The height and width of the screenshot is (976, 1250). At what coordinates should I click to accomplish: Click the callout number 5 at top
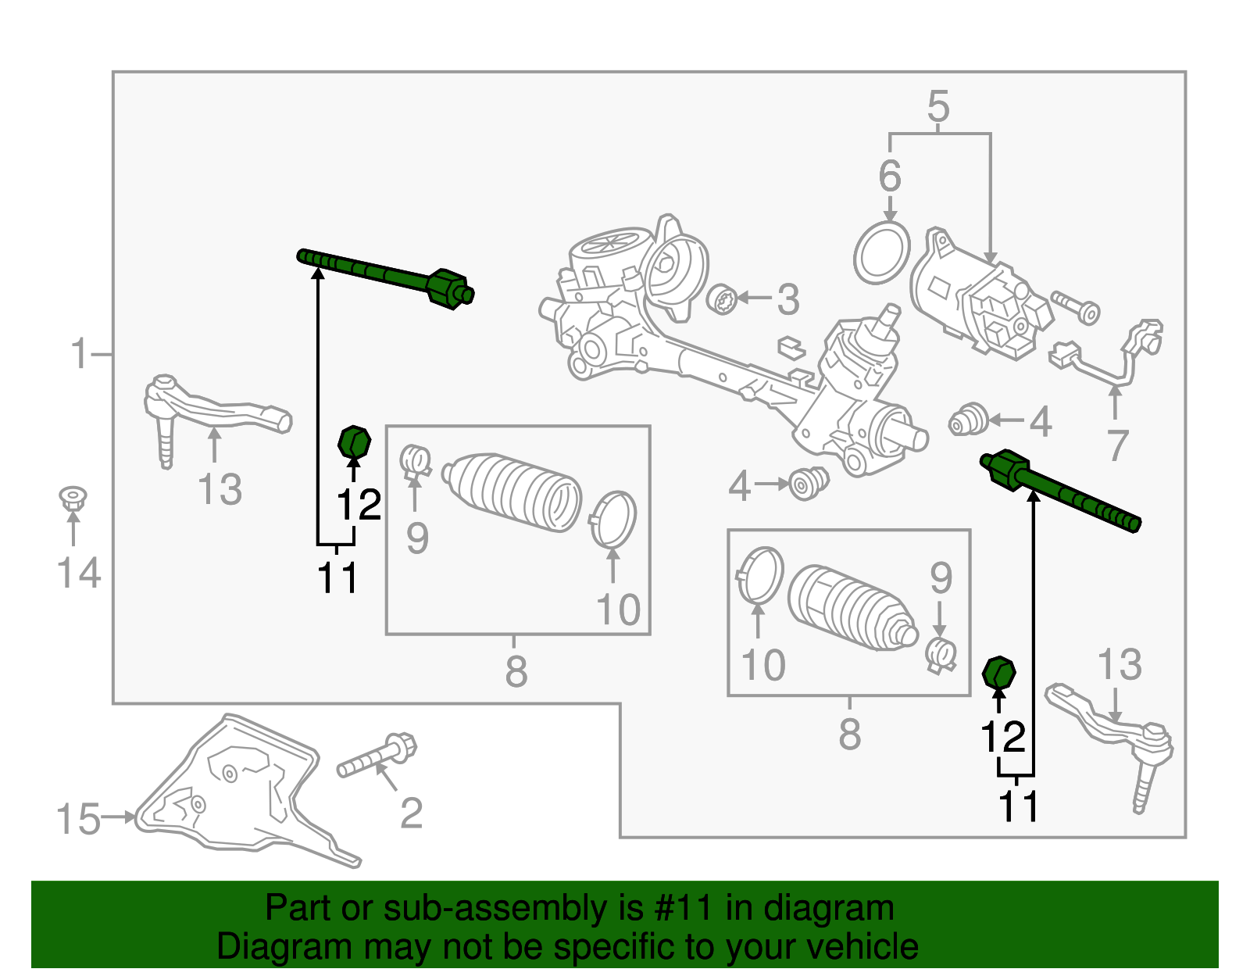(x=938, y=106)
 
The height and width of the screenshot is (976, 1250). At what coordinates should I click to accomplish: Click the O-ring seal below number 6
(x=882, y=253)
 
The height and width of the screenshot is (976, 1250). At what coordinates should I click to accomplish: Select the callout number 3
(x=787, y=300)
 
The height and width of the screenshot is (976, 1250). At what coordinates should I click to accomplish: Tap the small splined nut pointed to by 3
(x=723, y=300)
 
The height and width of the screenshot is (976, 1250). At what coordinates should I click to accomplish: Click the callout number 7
(x=1118, y=446)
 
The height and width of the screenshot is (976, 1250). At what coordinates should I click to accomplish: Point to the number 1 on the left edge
(x=79, y=354)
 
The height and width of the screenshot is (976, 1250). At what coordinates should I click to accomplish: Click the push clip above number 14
(x=73, y=499)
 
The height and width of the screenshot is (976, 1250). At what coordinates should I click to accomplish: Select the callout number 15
(x=78, y=820)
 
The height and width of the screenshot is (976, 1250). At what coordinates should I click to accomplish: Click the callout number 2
(x=411, y=813)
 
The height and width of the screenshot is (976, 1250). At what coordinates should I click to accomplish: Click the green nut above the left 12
(x=354, y=443)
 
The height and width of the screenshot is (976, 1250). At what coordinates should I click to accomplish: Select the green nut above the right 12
(x=998, y=673)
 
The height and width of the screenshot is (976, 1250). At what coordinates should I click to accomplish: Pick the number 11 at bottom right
(x=1020, y=806)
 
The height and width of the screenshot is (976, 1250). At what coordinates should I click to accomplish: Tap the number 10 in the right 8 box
(x=762, y=666)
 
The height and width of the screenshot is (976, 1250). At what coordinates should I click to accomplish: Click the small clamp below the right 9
(x=941, y=655)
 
